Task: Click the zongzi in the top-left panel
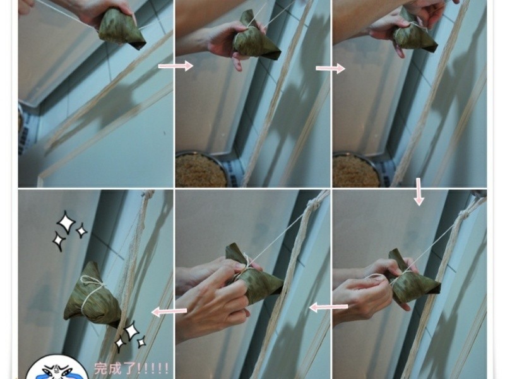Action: pos(121,29)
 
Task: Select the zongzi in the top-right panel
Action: pos(414,34)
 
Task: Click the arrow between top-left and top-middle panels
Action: pos(175,66)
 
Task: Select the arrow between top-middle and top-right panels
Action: pos(330,68)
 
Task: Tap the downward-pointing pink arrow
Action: pos(419,192)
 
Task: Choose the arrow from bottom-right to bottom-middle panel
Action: pos(328,307)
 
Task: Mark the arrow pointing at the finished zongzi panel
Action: pos(169,311)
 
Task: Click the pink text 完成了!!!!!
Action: pos(131,368)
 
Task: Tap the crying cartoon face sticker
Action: pos(57,369)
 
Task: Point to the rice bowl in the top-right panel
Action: pos(357,170)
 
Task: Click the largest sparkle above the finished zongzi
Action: pos(66,222)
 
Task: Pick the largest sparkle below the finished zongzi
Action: pos(131,331)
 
